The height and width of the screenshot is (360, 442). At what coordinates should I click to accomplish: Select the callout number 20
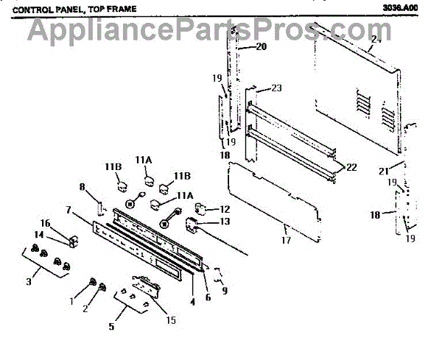(261, 47)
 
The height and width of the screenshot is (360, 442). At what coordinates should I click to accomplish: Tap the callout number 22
(351, 168)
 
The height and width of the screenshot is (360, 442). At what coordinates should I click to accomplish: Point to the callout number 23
(276, 88)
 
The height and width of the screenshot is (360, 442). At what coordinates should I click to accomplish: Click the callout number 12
(225, 210)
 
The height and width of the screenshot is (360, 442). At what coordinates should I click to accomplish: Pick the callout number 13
(225, 222)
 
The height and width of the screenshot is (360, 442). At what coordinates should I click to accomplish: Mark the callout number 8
(83, 187)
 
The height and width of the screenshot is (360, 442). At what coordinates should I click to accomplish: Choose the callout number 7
(68, 211)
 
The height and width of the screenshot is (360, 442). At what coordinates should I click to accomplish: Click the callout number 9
(225, 291)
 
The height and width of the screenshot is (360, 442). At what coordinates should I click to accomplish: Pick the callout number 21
(382, 171)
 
